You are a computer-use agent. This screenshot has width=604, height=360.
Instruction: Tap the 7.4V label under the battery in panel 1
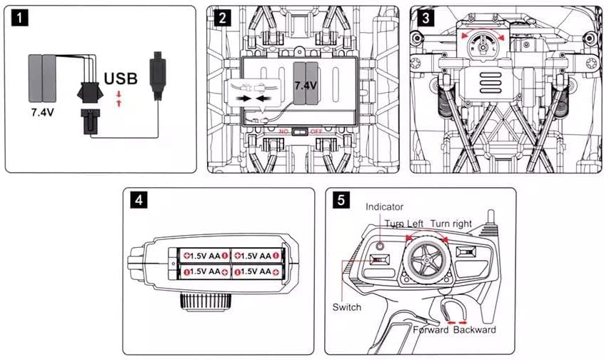[42, 113]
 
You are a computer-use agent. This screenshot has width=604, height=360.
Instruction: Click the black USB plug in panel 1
[157, 74]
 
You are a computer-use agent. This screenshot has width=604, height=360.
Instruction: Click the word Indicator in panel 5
[385, 207]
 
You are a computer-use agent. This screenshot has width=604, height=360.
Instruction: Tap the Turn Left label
[406, 224]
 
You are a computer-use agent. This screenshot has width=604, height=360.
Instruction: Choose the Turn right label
[451, 224]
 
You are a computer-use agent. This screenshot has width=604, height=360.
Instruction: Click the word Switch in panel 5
[347, 307]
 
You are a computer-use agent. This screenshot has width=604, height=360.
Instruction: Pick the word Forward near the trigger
[431, 330]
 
